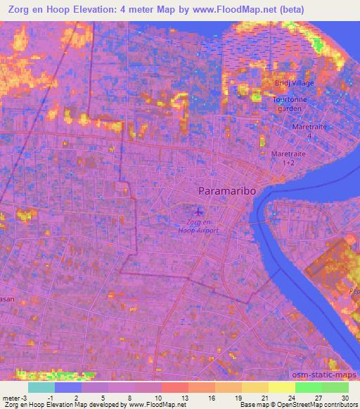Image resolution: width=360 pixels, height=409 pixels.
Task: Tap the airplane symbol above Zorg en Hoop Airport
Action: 198,210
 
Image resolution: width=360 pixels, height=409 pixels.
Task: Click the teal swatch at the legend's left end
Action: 41,387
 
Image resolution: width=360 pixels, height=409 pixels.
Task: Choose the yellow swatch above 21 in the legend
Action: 255,387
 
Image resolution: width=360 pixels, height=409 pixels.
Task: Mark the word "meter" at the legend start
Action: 10,397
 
